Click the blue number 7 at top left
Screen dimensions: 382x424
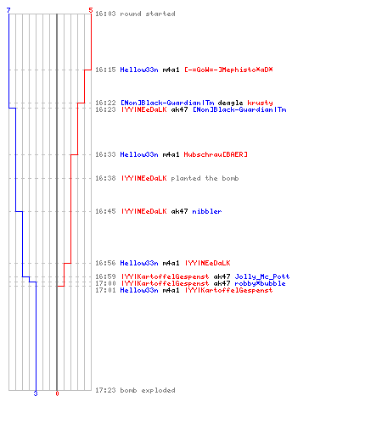(x=8, y=10)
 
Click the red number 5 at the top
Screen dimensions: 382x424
(x=91, y=10)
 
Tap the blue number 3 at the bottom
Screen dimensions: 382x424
(x=36, y=393)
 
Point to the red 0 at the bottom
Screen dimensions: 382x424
(x=57, y=393)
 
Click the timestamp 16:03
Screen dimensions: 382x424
(x=105, y=14)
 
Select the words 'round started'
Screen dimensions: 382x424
(x=148, y=14)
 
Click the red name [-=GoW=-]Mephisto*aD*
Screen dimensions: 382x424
(x=228, y=70)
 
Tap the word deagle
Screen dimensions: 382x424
(x=230, y=103)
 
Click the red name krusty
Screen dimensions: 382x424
(x=260, y=103)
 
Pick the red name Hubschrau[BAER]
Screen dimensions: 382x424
(x=216, y=154)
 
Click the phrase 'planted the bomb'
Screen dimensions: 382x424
(x=205, y=178)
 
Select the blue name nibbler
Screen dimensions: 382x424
(x=207, y=211)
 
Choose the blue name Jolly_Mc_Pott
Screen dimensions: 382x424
(x=262, y=276)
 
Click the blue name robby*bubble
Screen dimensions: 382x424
(x=260, y=283)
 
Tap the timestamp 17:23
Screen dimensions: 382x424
(x=105, y=390)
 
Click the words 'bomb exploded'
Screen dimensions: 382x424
(x=148, y=390)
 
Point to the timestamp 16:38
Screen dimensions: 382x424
(x=105, y=178)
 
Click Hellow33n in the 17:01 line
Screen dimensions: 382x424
(x=139, y=290)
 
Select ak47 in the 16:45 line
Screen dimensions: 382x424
(x=179, y=211)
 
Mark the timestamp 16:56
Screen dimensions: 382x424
(x=105, y=263)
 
